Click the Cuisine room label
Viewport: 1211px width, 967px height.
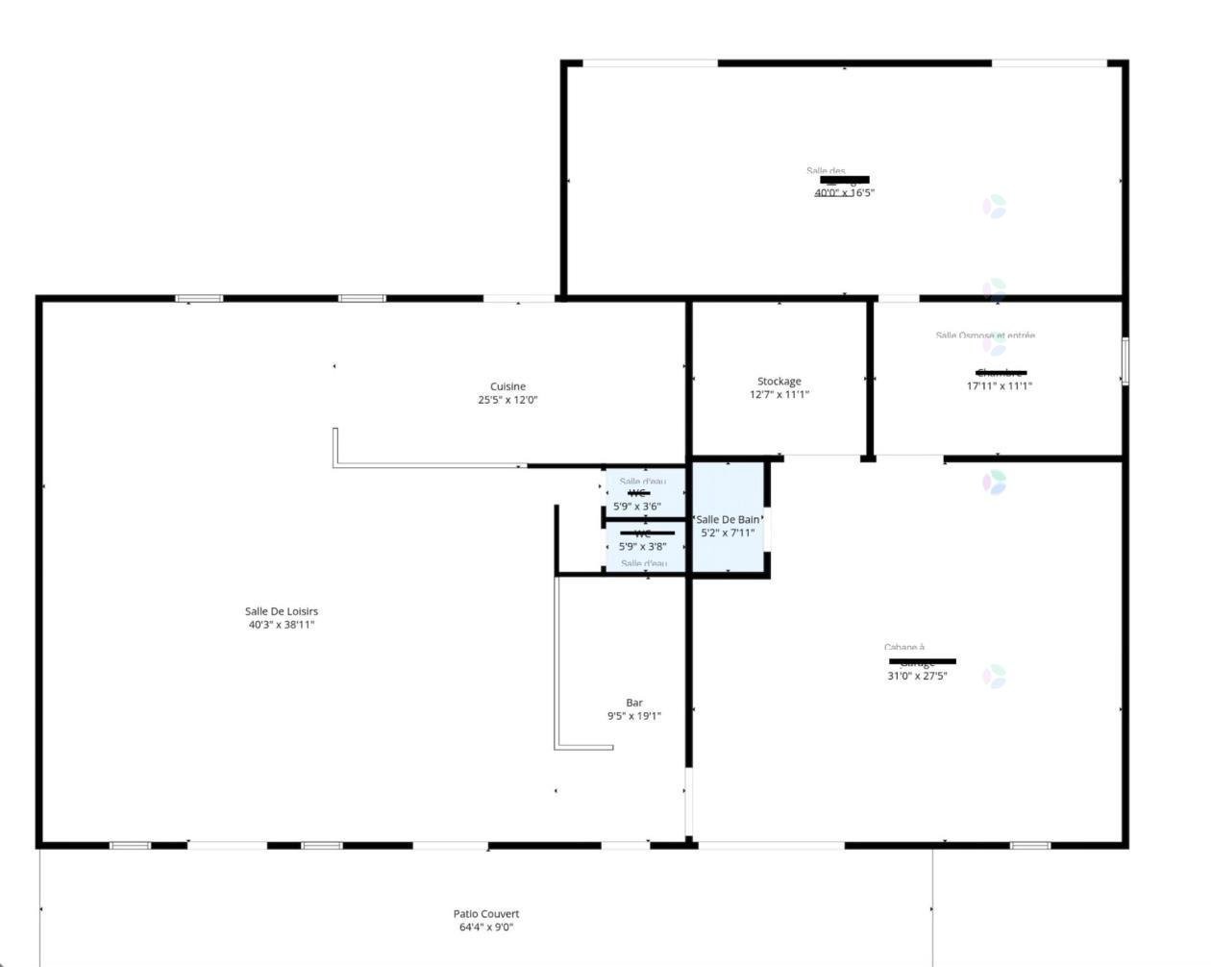[x=507, y=386]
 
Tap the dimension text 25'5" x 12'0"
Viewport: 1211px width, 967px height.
[x=507, y=400]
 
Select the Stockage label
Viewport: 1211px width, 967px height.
[x=778, y=382]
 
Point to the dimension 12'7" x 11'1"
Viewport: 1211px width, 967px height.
[x=779, y=394]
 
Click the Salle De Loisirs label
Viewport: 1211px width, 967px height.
[x=281, y=611]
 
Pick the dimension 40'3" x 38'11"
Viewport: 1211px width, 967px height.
[x=281, y=625]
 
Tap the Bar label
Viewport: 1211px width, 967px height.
[x=634, y=703]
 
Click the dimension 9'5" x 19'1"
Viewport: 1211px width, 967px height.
[x=633, y=716]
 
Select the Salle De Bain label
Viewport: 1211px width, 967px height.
[x=728, y=520]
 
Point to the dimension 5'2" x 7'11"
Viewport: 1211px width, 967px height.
[x=728, y=533]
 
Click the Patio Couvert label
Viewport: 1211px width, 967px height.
[x=486, y=914]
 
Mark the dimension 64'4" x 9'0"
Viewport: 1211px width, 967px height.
[x=486, y=928]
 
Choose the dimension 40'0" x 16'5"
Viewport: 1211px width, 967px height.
[x=844, y=192]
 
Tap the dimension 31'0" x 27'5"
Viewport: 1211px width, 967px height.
[x=917, y=676]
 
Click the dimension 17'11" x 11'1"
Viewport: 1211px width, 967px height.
[x=999, y=386]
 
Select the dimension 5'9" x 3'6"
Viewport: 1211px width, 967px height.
[x=637, y=507]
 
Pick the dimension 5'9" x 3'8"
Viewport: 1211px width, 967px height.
[x=642, y=547]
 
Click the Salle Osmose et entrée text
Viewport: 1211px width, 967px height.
[x=985, y=335]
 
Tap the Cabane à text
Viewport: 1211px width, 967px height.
[x=904, y=648]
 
